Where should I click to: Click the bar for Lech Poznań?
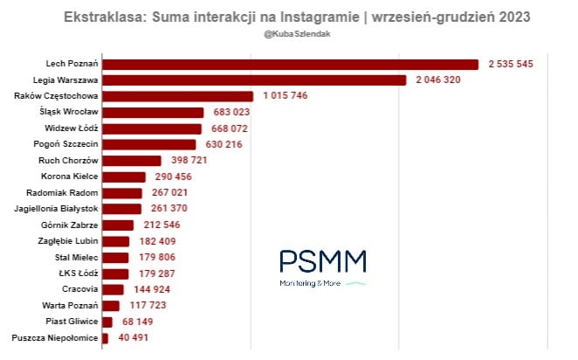(x=290, y=64)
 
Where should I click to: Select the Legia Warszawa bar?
(x=254, y=80)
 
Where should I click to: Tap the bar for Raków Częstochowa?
(x=177, y=96)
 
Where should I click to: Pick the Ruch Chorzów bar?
(x=132, y=161)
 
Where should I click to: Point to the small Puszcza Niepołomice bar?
(x=105, y=337)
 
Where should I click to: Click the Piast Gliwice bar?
(x=107, y=322)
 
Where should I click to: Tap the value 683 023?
(x=232, y=113)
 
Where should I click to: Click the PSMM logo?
(x=323, y=267)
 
